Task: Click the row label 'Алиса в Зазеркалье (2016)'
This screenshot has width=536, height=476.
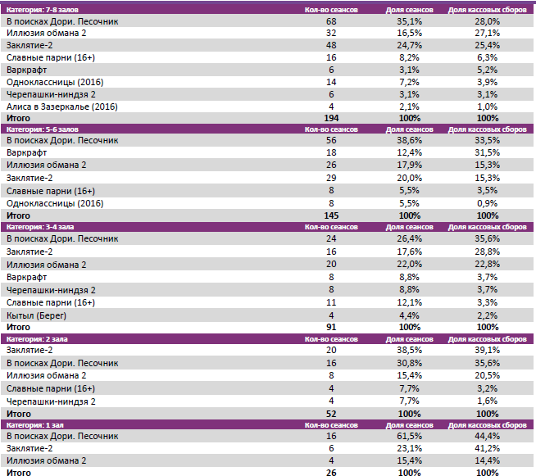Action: pos(61,107)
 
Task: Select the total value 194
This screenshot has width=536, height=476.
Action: pos(331,119)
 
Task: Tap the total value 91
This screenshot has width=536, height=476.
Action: pos(331,326)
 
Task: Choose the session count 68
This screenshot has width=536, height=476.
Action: pos(331,20)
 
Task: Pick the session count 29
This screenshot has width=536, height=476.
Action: pos(331,178)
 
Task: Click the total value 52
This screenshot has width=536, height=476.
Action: pos(331,415)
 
